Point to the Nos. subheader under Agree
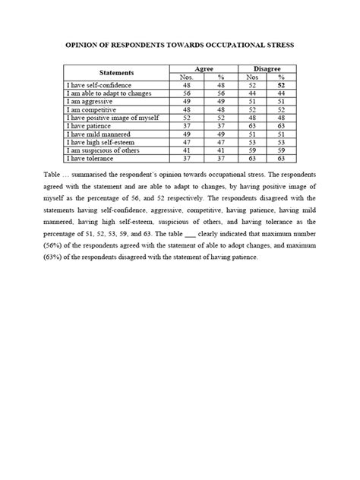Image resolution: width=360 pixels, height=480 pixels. [186, 77]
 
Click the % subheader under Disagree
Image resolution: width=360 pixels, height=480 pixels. [280, 77]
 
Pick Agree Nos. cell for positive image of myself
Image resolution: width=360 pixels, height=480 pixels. [186, 117]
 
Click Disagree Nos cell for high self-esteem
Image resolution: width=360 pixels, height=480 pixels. [248, 142]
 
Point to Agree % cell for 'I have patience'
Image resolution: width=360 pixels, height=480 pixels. [222, 125]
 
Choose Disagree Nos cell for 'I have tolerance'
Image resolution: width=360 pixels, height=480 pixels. [248, 159]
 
